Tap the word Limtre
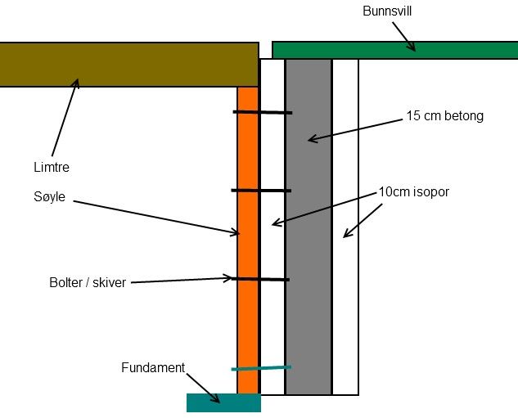coord(47,167)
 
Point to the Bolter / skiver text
coord(88,283)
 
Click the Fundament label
coord(153,367)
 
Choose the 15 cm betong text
coord(444,116)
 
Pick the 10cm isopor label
coord(414,192)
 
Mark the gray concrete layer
coord(309,245)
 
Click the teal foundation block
coord(223,402)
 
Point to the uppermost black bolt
coord(262,112)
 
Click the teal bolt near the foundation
coord(262,368)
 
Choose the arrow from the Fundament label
coord(203,387)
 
